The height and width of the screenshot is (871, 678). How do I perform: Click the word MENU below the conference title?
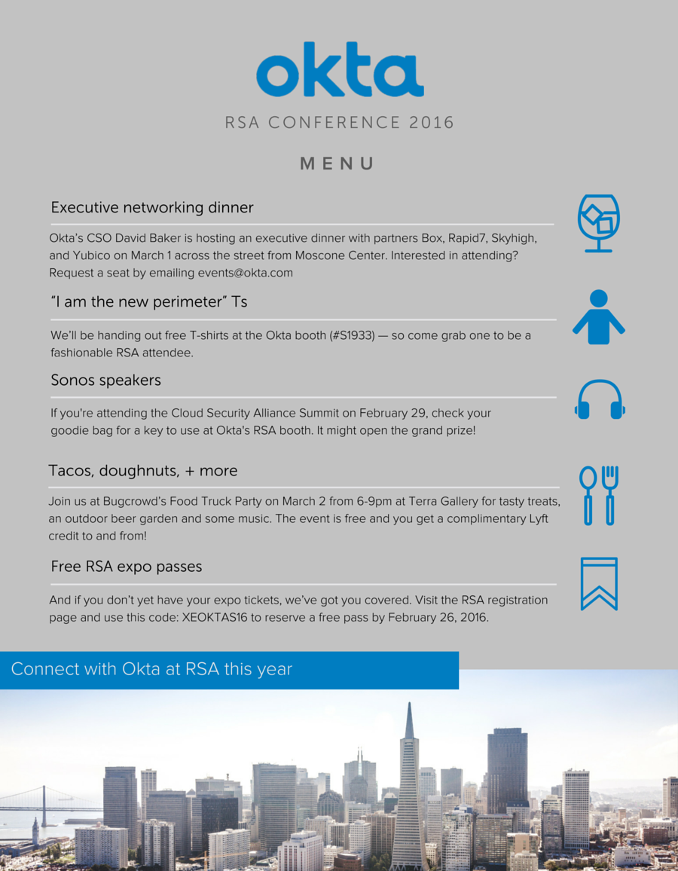coord(337,164)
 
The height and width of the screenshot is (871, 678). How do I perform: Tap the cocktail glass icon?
coord(598,223)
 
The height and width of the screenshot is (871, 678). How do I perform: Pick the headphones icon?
coord(600,400)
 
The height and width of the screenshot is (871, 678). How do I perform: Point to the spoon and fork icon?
coord(599,495)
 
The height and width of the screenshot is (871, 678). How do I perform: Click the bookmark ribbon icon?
coord(599,583)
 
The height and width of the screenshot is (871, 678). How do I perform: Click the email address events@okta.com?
coord(245,273)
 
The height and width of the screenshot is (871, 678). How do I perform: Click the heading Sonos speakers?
coord(105,380)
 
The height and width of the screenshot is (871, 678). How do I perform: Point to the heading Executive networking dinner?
coord(151,207)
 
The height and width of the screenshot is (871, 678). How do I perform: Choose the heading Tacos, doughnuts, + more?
coord(142,471)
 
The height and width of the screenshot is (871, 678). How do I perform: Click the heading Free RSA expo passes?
coord(126,566)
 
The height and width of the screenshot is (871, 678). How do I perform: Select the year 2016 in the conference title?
coord(432,122)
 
